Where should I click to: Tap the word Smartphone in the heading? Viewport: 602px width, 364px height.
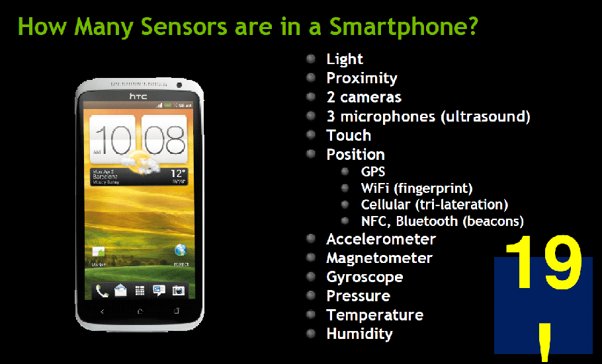402,27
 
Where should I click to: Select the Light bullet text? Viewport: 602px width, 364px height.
345,59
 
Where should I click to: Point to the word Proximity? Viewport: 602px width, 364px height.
362,79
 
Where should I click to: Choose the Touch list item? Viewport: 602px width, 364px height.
349,136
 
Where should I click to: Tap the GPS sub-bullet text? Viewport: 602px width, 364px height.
373,172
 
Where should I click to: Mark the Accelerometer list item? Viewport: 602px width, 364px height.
381,239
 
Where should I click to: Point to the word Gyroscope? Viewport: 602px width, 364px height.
365,277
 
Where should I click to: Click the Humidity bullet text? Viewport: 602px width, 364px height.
359,334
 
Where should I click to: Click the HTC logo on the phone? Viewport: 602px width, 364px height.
138,97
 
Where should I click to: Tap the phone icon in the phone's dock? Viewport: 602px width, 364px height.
102,290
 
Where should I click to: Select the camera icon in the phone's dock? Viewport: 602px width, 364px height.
178,290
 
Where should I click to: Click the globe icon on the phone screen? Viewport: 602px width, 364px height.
180,250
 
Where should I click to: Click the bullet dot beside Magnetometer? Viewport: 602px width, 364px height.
310,257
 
